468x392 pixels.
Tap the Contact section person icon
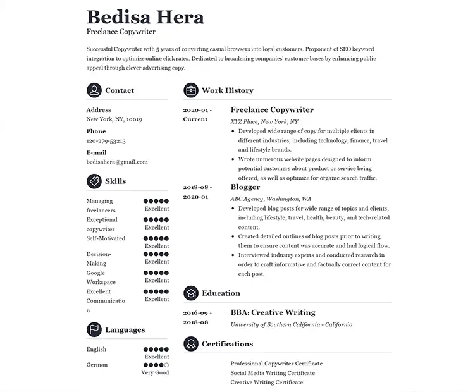pyautogui.click(x=94, y=90)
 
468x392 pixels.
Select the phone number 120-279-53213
pyautogui.click(x=106, y=141)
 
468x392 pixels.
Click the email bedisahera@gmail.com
pyautogui.click(x=117, y=162)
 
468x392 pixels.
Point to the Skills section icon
pyautogui.click(x=94, y=181)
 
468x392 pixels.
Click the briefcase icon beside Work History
pyautogui.click(x=190, y=90)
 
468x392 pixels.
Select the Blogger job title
pyautogui.click(x=245, y=187)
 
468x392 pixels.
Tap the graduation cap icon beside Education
pyautogui.click(x=190, y=293)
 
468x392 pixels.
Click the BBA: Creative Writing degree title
pyautogui.click(x=273, y=312)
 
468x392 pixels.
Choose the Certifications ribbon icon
pyautogui.click(x=190, y=344)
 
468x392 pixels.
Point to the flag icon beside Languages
pyautogui.click(x=94, y=330)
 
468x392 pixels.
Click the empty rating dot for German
pyautogui.click(x=166, y=365)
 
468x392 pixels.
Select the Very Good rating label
pyautogui.click(x=155, y=373)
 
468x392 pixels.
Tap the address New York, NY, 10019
pyautogui.click(x=114, y=119)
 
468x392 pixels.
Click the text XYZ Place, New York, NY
pyautogui.click(x=264, y=121)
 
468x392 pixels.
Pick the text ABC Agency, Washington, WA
pyautogui.click(x=271, y=199)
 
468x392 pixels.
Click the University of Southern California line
pyautogui.click(x=291, y=324)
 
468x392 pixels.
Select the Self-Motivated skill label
pyautogui.click(x=106, y=239)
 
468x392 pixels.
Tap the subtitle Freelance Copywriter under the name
pyautogui.click(x=121, y=32)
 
